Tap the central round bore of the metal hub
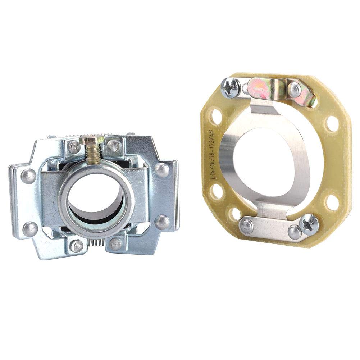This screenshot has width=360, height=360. click(x=96, y=203)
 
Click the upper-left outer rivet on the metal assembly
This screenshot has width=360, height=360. click(x=28, y=176)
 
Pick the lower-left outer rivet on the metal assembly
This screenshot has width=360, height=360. click(x=30, y=228)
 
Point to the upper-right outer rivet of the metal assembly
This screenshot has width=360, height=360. click(x=161, y=169)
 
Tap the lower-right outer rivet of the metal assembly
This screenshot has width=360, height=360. click(x=162, y=222)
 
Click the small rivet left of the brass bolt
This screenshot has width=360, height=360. click(x=74, y=146)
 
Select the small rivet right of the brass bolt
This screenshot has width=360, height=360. click(x=114, y=145)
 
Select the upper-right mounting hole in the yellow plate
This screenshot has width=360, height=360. click(x=332, y=123)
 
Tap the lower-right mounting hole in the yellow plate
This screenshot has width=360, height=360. click(x=331, y=202)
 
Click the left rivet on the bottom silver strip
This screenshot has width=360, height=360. click(x=247, y=225)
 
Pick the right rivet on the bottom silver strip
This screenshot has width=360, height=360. click(x=294, y=232)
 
